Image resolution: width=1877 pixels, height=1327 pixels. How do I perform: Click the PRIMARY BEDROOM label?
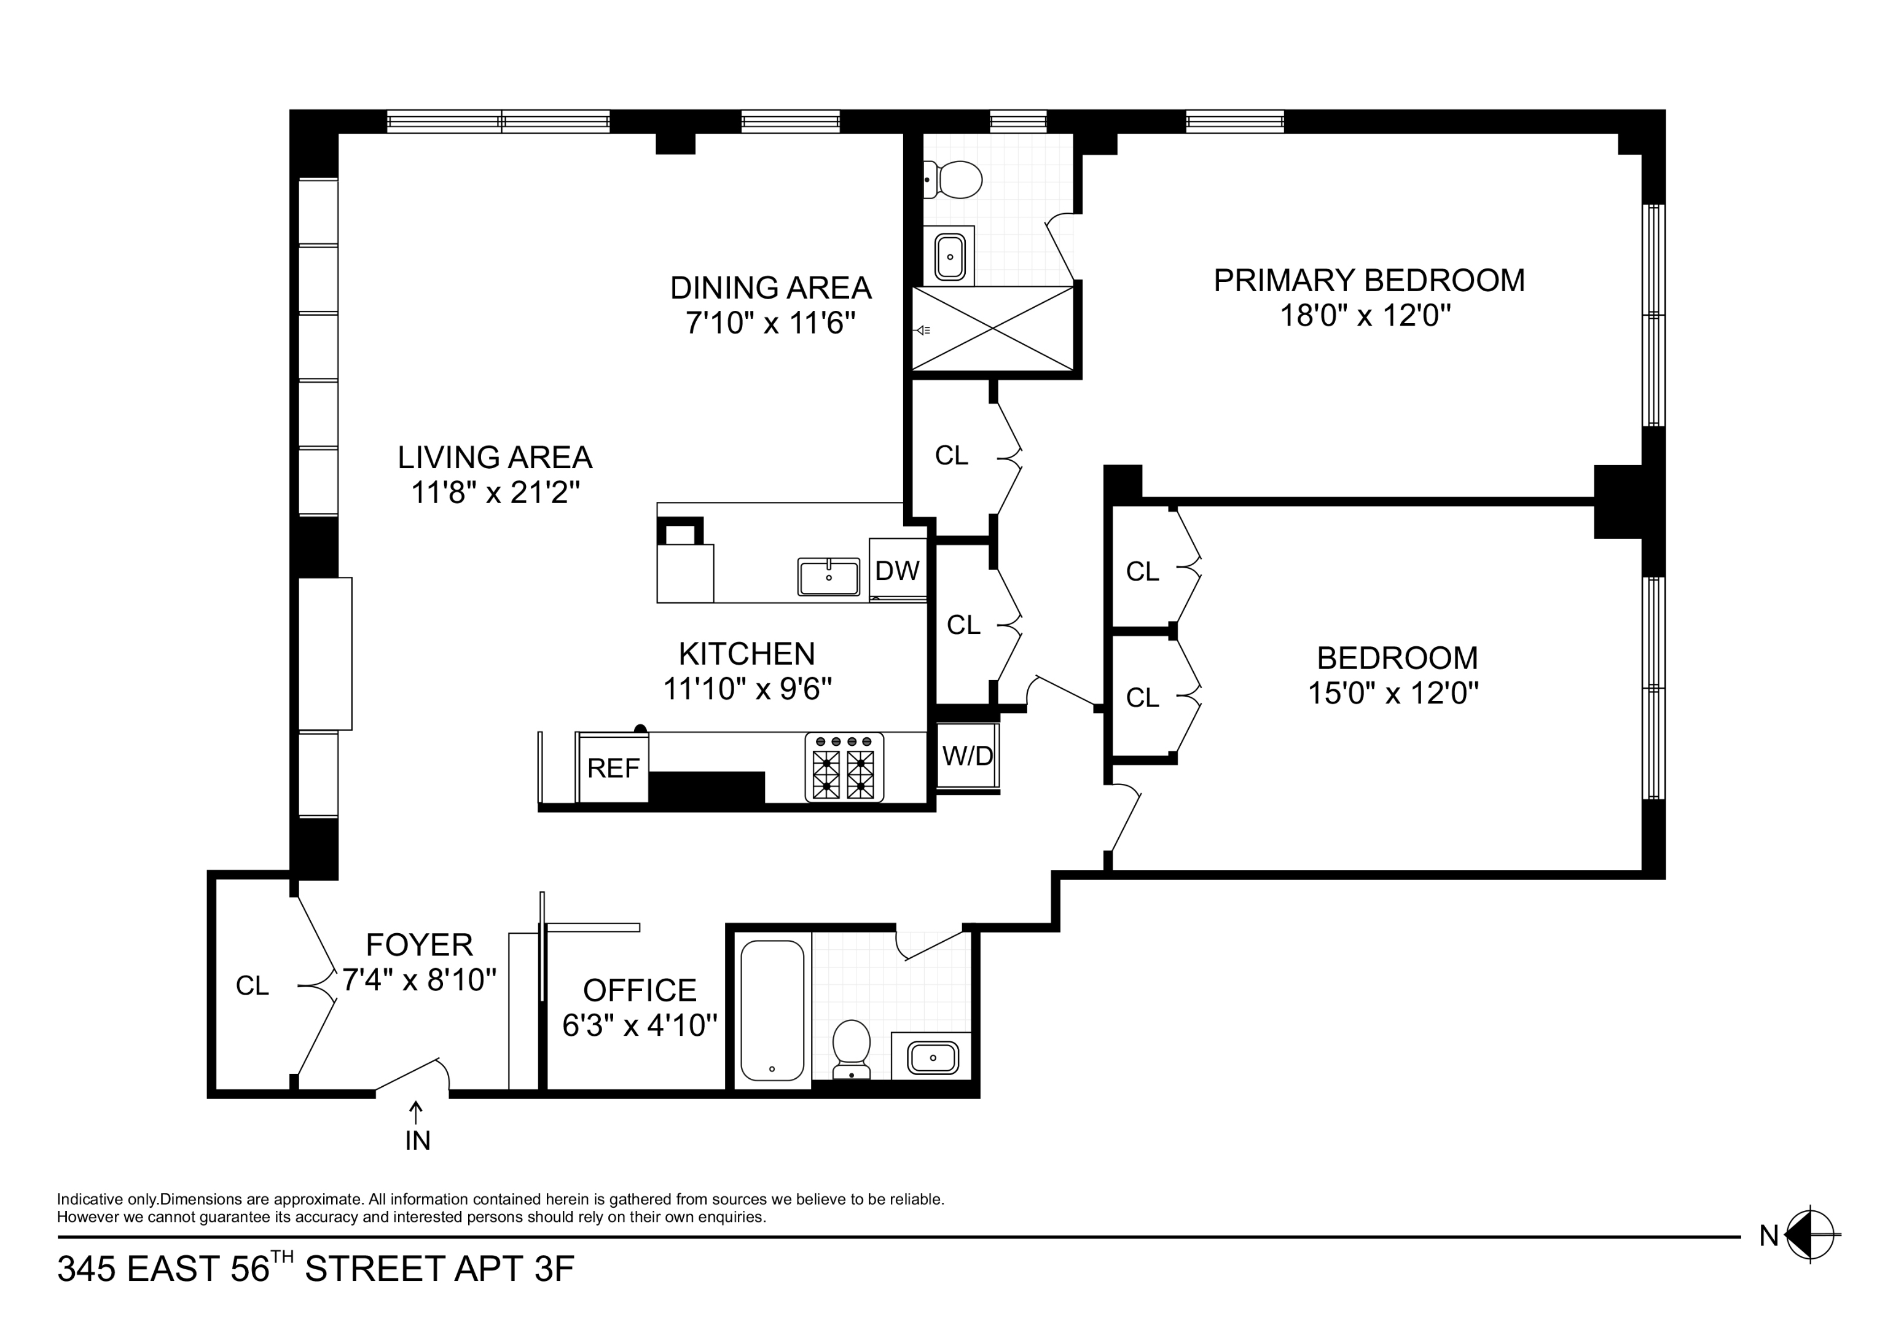[1368, 280]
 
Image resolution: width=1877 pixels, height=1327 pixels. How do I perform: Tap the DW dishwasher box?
[897, 570]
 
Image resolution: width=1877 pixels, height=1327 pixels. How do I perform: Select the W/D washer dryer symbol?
[967, 756]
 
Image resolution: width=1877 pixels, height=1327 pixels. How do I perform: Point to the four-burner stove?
[844, 767]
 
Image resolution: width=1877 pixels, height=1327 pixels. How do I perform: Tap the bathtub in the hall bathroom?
[772, 1010]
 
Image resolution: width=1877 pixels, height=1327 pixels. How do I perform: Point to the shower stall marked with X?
[992, 329]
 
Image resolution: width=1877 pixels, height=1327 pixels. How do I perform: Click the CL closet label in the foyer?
[252, 986]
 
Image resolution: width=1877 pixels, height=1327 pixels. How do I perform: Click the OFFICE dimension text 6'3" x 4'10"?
[640, 1025]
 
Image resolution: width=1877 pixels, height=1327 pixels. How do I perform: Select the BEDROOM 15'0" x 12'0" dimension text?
[1393, 694]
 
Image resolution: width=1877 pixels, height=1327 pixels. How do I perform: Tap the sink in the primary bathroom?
[950, 257]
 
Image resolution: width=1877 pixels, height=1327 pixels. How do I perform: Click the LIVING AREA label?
[495, 457]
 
